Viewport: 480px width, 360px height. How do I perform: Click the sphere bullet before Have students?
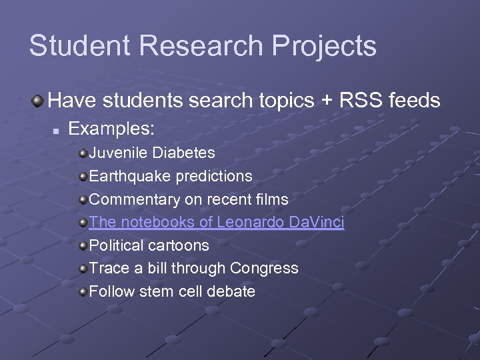pyautogui.click(x=37, y=101)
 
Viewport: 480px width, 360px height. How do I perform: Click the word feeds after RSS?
pyautogui.click(x=414, y=101)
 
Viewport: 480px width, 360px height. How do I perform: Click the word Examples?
pyautogui.click(x=112, y=129)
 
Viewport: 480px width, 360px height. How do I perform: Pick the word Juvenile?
pyautogui.click(x=119, y=153)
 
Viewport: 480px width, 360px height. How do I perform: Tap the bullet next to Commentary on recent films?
pyautogui.click(x=83, y=200)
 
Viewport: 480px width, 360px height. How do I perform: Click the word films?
pyautogui.click(x=273, y=199)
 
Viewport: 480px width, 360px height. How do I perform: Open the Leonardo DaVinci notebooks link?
pyautogui.click(x=216, y=223)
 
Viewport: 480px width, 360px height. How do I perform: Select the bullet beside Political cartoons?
pyautogui.click(x=83, y=246)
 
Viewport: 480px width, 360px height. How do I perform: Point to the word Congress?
pyautogui.click(x=264, y=269)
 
